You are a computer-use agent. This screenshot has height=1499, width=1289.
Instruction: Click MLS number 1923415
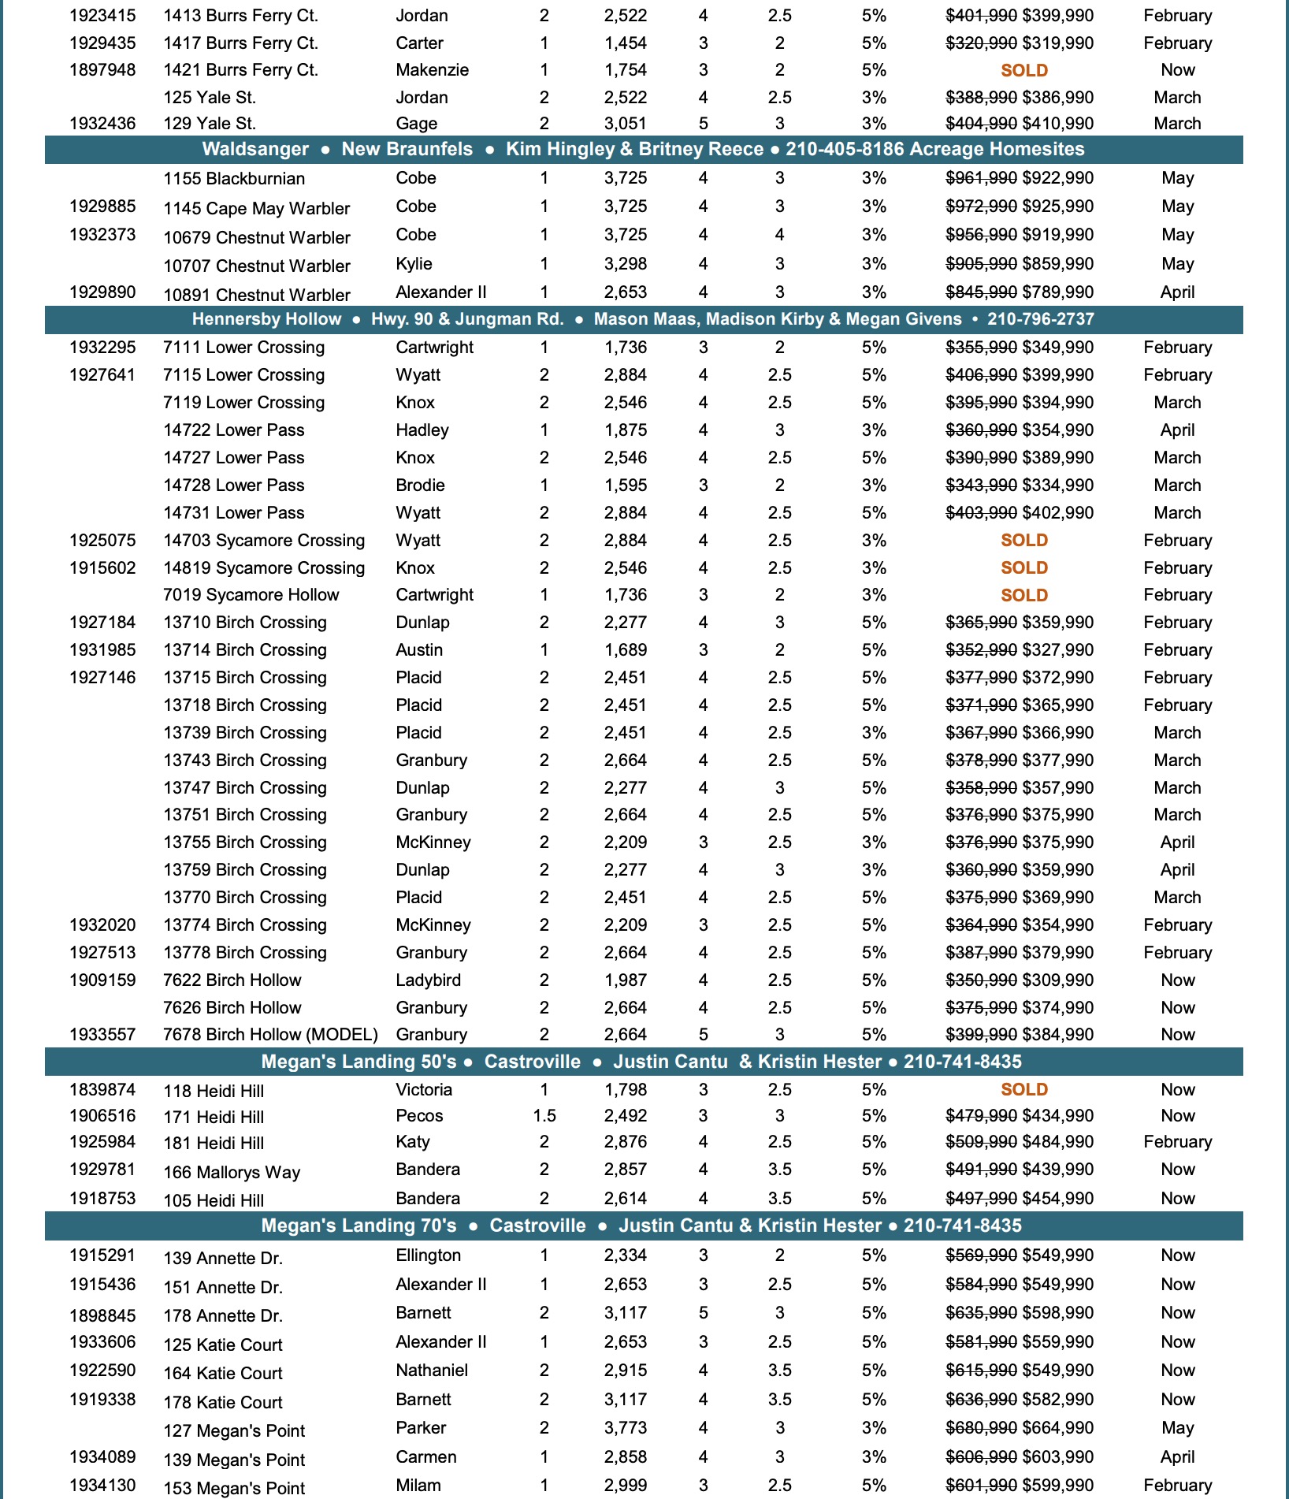[102, 16]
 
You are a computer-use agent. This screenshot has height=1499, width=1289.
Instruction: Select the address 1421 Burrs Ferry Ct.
[240, 70]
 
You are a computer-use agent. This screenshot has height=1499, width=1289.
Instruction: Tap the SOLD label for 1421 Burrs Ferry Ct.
[1023, 71]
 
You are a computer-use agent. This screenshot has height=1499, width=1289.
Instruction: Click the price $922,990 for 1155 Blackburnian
[1057, 178]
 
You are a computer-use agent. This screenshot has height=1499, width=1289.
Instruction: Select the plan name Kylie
[414, 264]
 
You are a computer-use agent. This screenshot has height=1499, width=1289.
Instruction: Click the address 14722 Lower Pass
[233, 430]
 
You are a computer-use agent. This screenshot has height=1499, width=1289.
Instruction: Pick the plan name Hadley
[422, 430]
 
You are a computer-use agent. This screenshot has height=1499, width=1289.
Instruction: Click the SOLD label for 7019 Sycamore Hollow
[1023, 596]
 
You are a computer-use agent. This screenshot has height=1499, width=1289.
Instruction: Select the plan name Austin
[419, 650]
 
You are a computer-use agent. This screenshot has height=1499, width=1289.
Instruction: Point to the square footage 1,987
[625, 980]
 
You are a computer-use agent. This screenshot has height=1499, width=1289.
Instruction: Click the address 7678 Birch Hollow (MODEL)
[270, 1035]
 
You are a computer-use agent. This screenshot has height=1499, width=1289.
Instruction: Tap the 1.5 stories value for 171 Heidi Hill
[544, 1116]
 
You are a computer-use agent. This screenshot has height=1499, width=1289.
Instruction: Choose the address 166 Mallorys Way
[232, 1173]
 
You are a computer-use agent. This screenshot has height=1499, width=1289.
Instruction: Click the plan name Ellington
[428, 1255]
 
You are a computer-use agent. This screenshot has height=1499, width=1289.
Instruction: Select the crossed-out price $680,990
[981, 1428]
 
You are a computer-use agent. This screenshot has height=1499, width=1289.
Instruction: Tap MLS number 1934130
[102, 1486]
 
